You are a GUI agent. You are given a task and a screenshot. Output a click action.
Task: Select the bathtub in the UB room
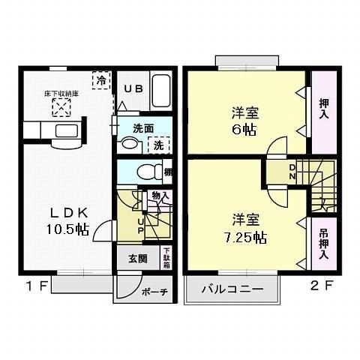(161, 91)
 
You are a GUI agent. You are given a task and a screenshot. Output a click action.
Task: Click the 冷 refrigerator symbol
(99, 78)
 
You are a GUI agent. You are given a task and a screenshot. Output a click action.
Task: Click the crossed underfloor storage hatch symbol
(59, 109)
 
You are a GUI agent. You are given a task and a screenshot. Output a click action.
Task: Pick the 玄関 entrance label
(136, 260)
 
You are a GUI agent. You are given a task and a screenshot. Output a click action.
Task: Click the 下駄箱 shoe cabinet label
(166, 257)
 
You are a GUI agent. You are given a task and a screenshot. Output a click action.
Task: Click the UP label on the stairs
(140, 224)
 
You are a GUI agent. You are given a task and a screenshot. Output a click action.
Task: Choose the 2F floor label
(319, 286)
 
